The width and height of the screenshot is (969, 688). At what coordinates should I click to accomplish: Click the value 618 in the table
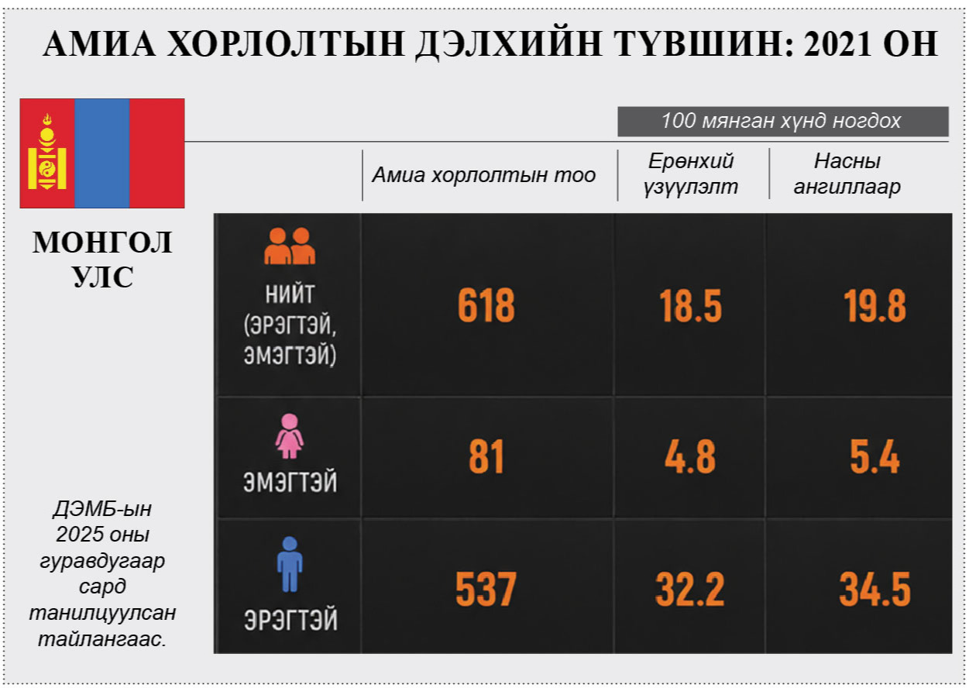pos(486,307)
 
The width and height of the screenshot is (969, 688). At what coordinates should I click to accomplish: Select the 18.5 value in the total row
pos(690,307)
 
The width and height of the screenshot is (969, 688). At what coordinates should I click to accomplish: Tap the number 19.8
pos(875,307)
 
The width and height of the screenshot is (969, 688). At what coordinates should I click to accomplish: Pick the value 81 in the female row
pos(486,457)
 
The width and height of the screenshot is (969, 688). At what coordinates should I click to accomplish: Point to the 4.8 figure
pos(689,457)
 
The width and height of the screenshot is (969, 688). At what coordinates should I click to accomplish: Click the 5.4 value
pos(875,457)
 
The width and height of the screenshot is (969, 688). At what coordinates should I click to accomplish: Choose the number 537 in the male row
pos(486,590)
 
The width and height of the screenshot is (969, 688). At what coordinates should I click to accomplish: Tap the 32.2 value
pos(689,590)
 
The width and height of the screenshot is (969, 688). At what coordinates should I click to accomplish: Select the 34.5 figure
pos(875,590)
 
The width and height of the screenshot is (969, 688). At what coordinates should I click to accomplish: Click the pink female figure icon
pos(290,435)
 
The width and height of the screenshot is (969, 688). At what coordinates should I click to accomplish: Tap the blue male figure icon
pos(290,564)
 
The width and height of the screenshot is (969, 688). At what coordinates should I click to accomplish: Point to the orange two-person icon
pos(290,246)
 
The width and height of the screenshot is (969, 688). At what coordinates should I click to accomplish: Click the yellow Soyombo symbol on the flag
pos(47,153)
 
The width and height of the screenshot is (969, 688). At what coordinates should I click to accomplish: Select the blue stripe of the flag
pos(102,153)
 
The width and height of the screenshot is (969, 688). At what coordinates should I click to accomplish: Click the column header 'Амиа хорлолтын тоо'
pos(484,175)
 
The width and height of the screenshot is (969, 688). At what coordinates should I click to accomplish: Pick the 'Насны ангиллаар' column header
pos(847,174)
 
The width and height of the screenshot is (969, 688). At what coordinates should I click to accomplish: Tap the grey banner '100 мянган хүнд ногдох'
pos(782,122)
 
